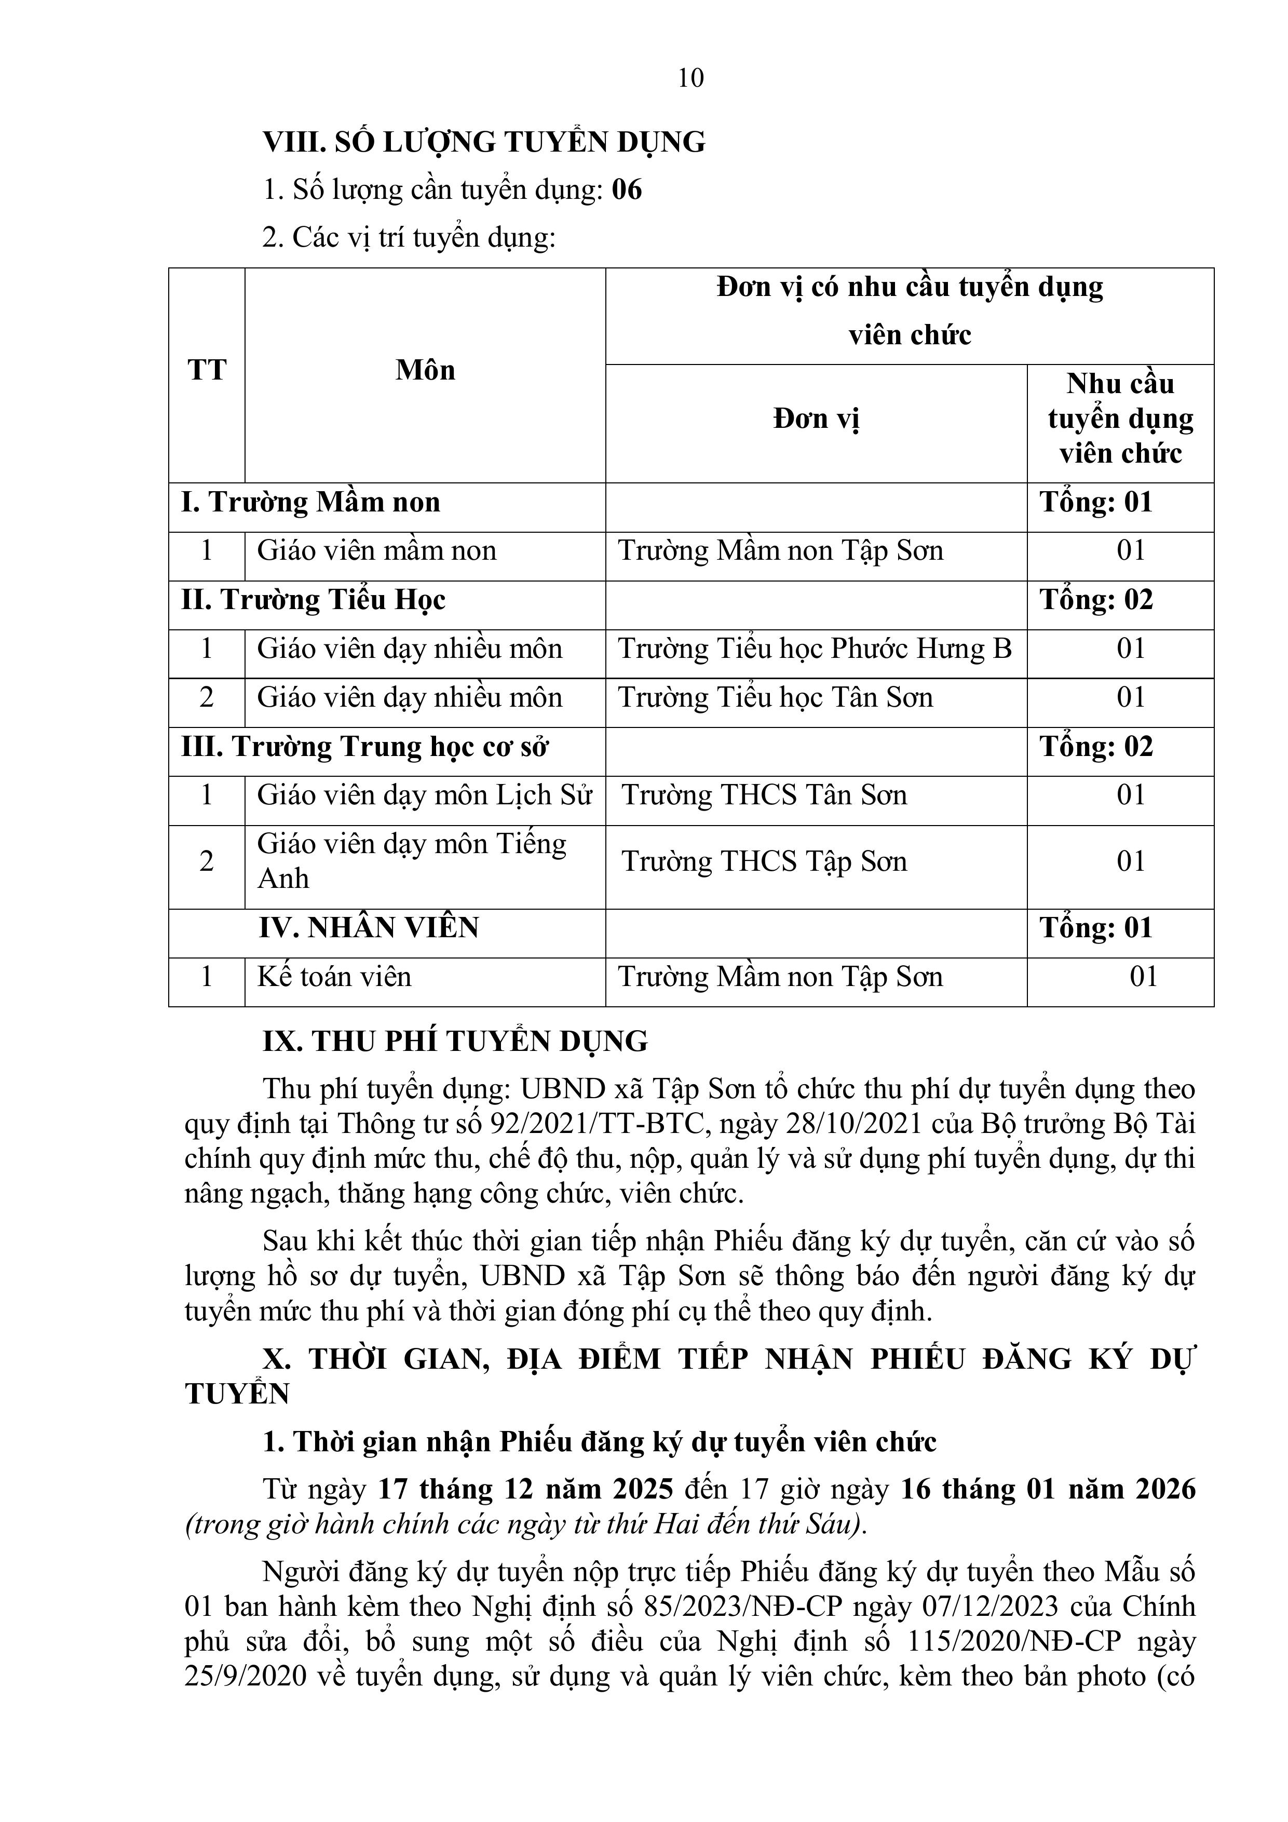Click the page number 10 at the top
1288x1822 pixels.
click(690, 78)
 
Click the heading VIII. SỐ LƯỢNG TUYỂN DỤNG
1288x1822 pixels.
click(484, 142)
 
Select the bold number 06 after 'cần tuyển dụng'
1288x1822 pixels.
click(627, 191)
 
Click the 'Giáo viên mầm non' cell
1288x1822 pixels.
click(376, 551)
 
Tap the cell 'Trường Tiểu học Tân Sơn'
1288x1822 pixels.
click(775, 697)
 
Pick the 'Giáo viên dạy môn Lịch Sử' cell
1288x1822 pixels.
click(425, 795)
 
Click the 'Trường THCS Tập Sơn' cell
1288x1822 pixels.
click(764, 862)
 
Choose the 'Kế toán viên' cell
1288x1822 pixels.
click(334, 977)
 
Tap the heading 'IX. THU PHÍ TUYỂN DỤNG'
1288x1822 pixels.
click(455, 1041)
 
